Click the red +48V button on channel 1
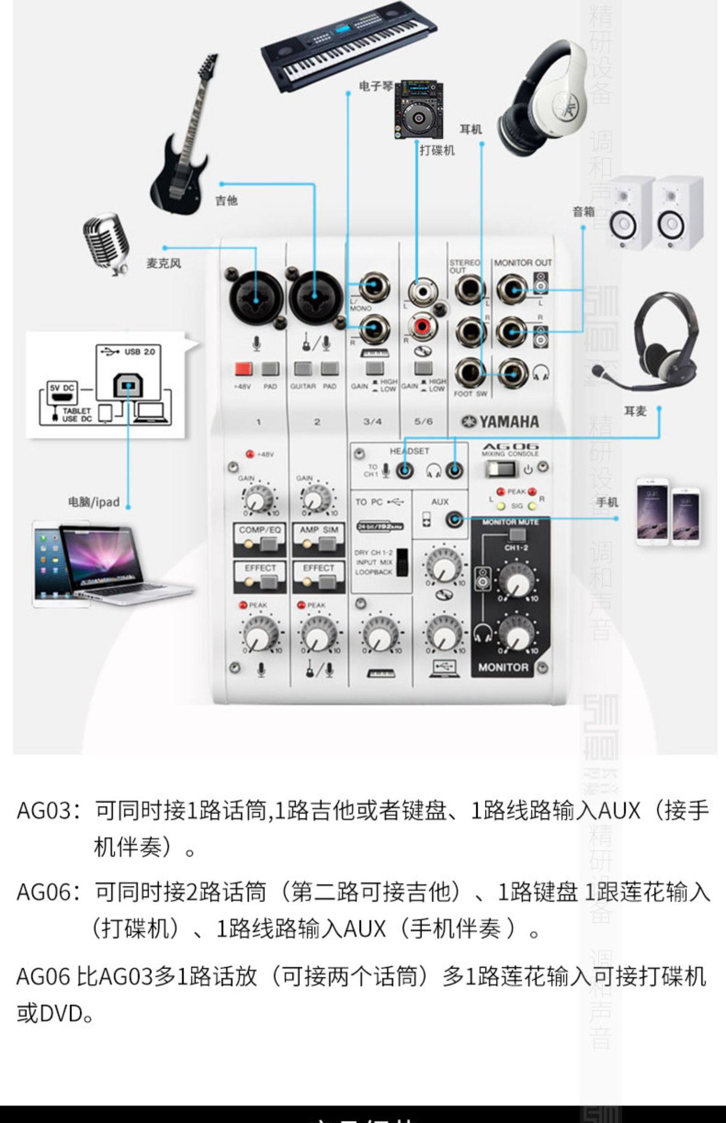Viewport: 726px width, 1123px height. [x=243, y=369]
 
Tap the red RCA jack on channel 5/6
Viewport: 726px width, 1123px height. [x=423, y=326]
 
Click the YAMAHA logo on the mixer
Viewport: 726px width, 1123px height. [x=500, y=422]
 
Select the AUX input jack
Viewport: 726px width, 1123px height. [x=454, y=520]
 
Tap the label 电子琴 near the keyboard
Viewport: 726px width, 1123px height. [x=375, y=87]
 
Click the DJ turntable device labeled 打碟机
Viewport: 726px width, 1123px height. [x=419, y=111]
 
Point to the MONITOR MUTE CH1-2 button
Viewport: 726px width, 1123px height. [x=516, y=535]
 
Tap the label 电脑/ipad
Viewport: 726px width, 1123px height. [x=93, y=502]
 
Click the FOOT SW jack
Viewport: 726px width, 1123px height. [x=469, y=373]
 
